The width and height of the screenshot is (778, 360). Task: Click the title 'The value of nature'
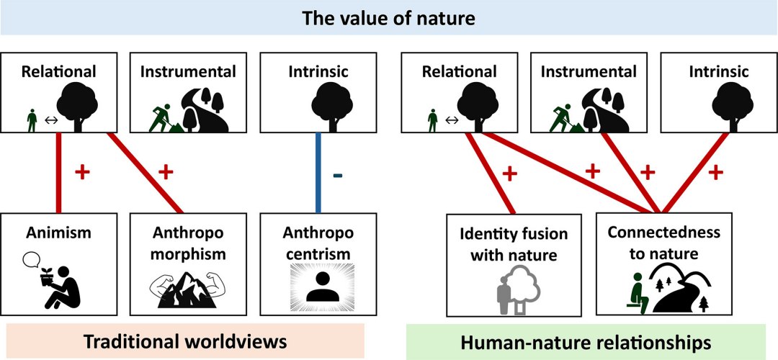coord(389,18)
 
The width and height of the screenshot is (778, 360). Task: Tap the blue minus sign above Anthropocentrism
coord(337,176)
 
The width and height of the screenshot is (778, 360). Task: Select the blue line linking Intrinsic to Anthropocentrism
coord(317,173)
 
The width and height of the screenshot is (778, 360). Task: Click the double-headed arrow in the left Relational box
coord(50,120)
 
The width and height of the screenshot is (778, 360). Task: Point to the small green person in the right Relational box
coord(432,120)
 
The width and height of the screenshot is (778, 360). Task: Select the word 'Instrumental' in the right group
coord(589,72)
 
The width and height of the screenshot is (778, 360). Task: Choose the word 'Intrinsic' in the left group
coord(308,72)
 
